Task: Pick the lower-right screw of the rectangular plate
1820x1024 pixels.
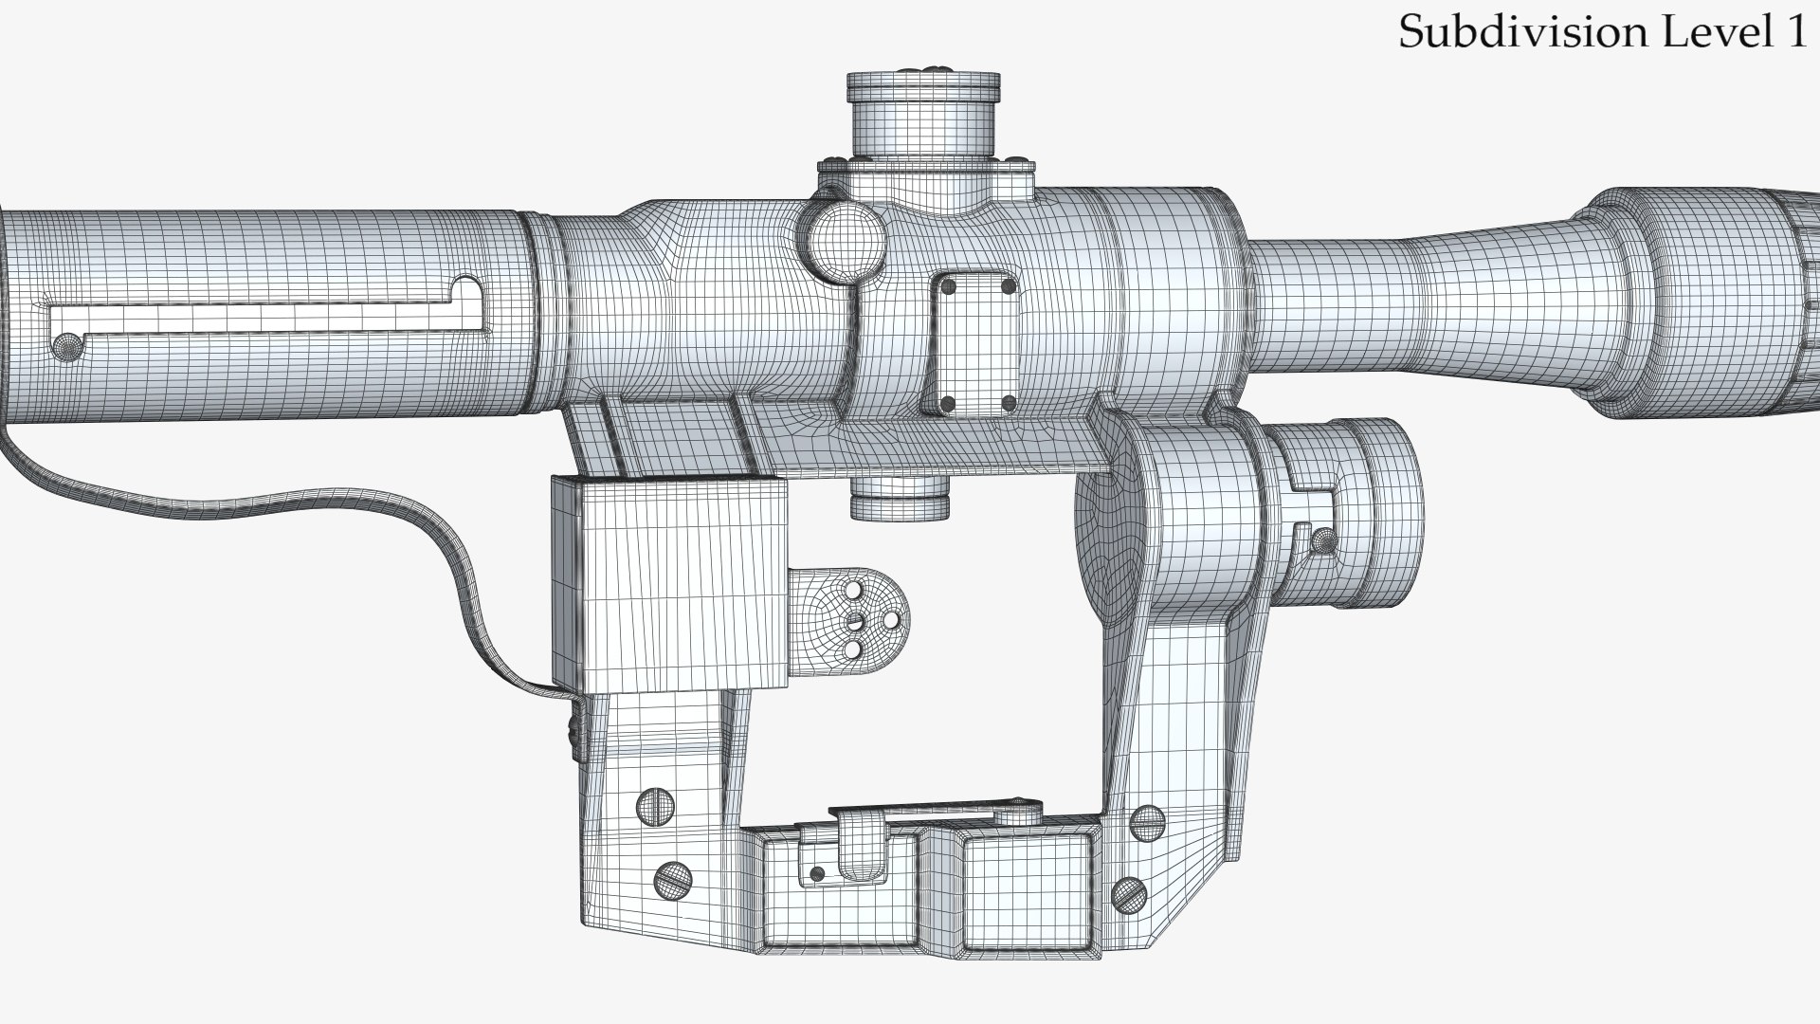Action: click(1008, 403)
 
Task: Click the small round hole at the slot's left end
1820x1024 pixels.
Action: click(66, 344)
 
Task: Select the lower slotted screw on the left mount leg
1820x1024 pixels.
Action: click(671, 881)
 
